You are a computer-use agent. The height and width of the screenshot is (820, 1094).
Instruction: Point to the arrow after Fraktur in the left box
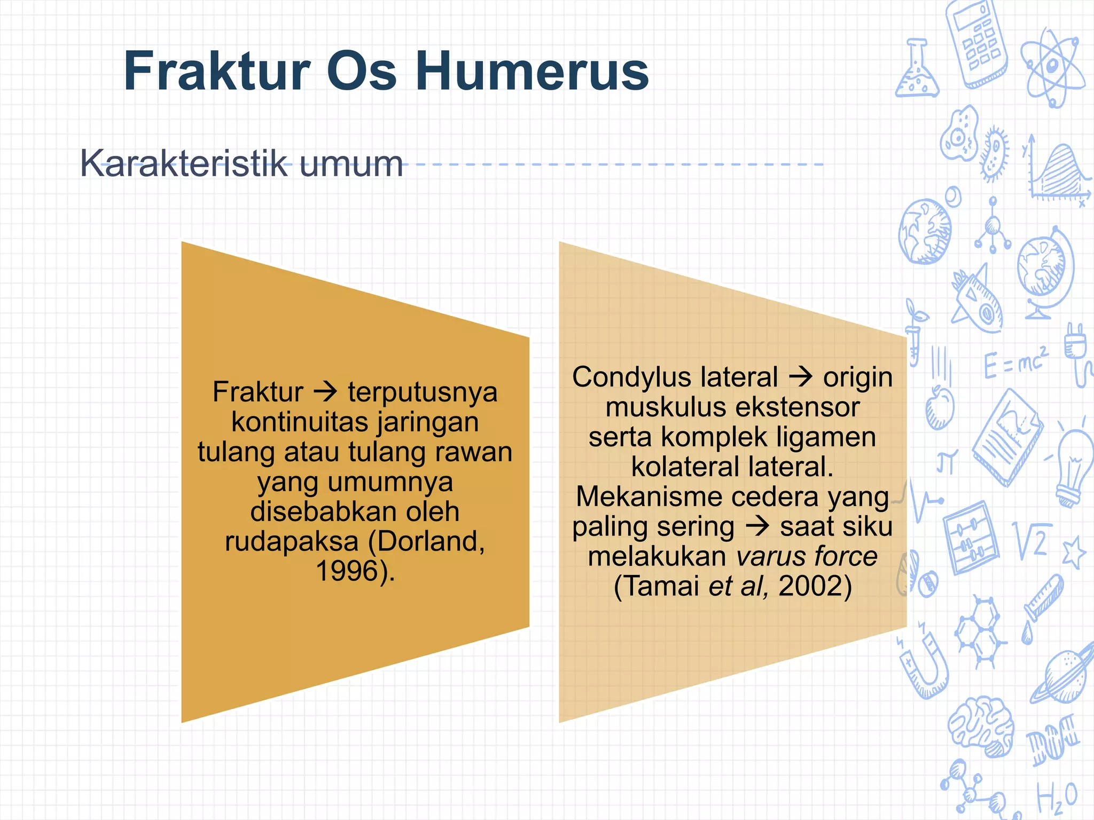pyautogui.click(x=325, y=392)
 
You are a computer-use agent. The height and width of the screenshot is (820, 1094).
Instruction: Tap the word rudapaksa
pyautogui.click(x=291, y=541)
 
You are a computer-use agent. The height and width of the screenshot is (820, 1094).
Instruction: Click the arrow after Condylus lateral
pyautogui.click(x=801, y=377)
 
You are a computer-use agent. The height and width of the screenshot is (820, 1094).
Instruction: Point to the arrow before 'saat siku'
pyautogui.click(x=757, y=526)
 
